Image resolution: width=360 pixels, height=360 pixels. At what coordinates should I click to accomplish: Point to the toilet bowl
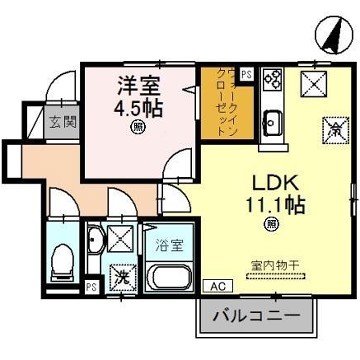(x=61, y=262)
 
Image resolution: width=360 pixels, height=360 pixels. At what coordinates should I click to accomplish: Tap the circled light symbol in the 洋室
(x=136, y=128)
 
